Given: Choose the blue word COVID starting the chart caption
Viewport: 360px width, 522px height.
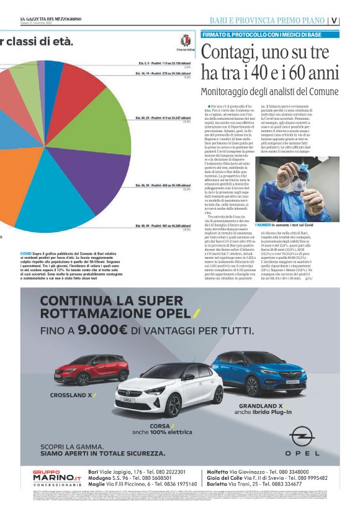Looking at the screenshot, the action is [x=27, y=254].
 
